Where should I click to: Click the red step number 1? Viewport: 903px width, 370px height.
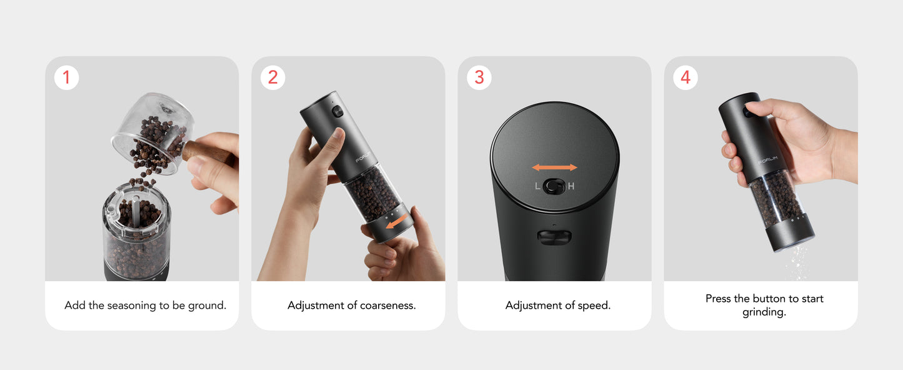tap(66, 77)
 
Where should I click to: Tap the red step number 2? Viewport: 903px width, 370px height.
tap(273, 77)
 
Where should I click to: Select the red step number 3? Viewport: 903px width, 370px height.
tap(479, 77)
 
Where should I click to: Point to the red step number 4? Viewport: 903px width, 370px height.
tap(686, 77)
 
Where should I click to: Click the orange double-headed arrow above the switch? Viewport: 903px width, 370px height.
tap(555, 167)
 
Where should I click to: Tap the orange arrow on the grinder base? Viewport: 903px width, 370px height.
tap(396, 221)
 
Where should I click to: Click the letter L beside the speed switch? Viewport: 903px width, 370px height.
tap(537, 186)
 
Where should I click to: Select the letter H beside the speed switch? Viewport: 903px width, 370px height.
tap(571, 186)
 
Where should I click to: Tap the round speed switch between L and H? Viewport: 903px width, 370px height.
tap(554, 186)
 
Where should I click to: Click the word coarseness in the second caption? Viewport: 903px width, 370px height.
tap(387, 306)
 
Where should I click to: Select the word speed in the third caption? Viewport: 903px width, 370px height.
tap(594, 306)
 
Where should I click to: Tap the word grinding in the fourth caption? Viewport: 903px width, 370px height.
tap(764, 312)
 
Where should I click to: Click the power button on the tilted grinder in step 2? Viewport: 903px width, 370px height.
tap(338, 112)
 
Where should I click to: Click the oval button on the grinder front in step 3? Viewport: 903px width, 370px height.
tap(555, 237)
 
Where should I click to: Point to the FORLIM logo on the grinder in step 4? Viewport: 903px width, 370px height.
tap(767, 160)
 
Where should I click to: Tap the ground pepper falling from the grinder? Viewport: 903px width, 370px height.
tap(796, 264)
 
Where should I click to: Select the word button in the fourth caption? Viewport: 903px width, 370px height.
tap(769, 299)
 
